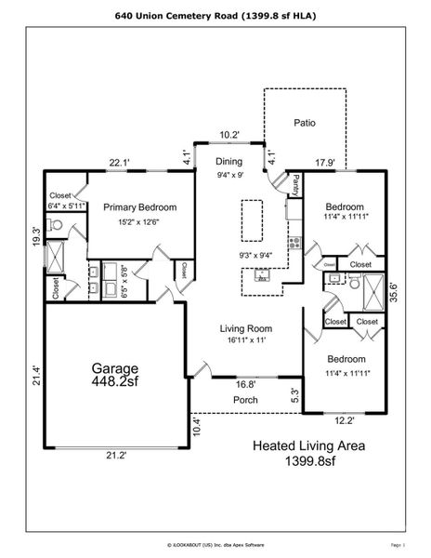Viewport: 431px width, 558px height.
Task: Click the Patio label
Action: (x=306, y=122)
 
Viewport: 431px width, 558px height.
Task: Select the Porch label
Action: (x=246, y=400)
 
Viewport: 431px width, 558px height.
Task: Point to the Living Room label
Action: (x=245, y=328)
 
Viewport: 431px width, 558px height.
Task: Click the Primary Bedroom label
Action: (x=139, y=207)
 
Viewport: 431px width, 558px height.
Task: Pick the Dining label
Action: (x=229, y=162)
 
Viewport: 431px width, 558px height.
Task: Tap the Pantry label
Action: (x=295, y=187)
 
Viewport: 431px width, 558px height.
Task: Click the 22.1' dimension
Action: (x=119, y=163)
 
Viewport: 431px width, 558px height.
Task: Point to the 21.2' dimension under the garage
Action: (x=116, y=456)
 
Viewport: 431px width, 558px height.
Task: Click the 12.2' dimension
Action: (x=345, y=420)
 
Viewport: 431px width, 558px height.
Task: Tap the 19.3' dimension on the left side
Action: (x=35, y=236)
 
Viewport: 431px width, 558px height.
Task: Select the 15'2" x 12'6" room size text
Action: (x=139, y=221)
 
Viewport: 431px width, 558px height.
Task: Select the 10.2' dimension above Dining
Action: (x=229, y=136)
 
